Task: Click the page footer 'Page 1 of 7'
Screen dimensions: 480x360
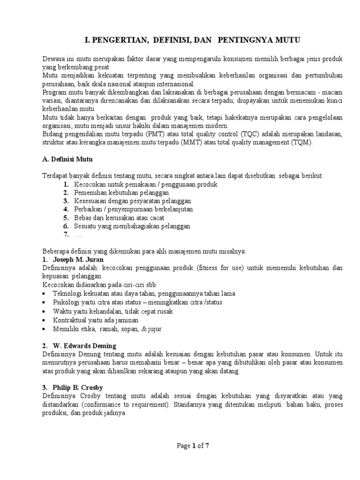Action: (x=192, y=446)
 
